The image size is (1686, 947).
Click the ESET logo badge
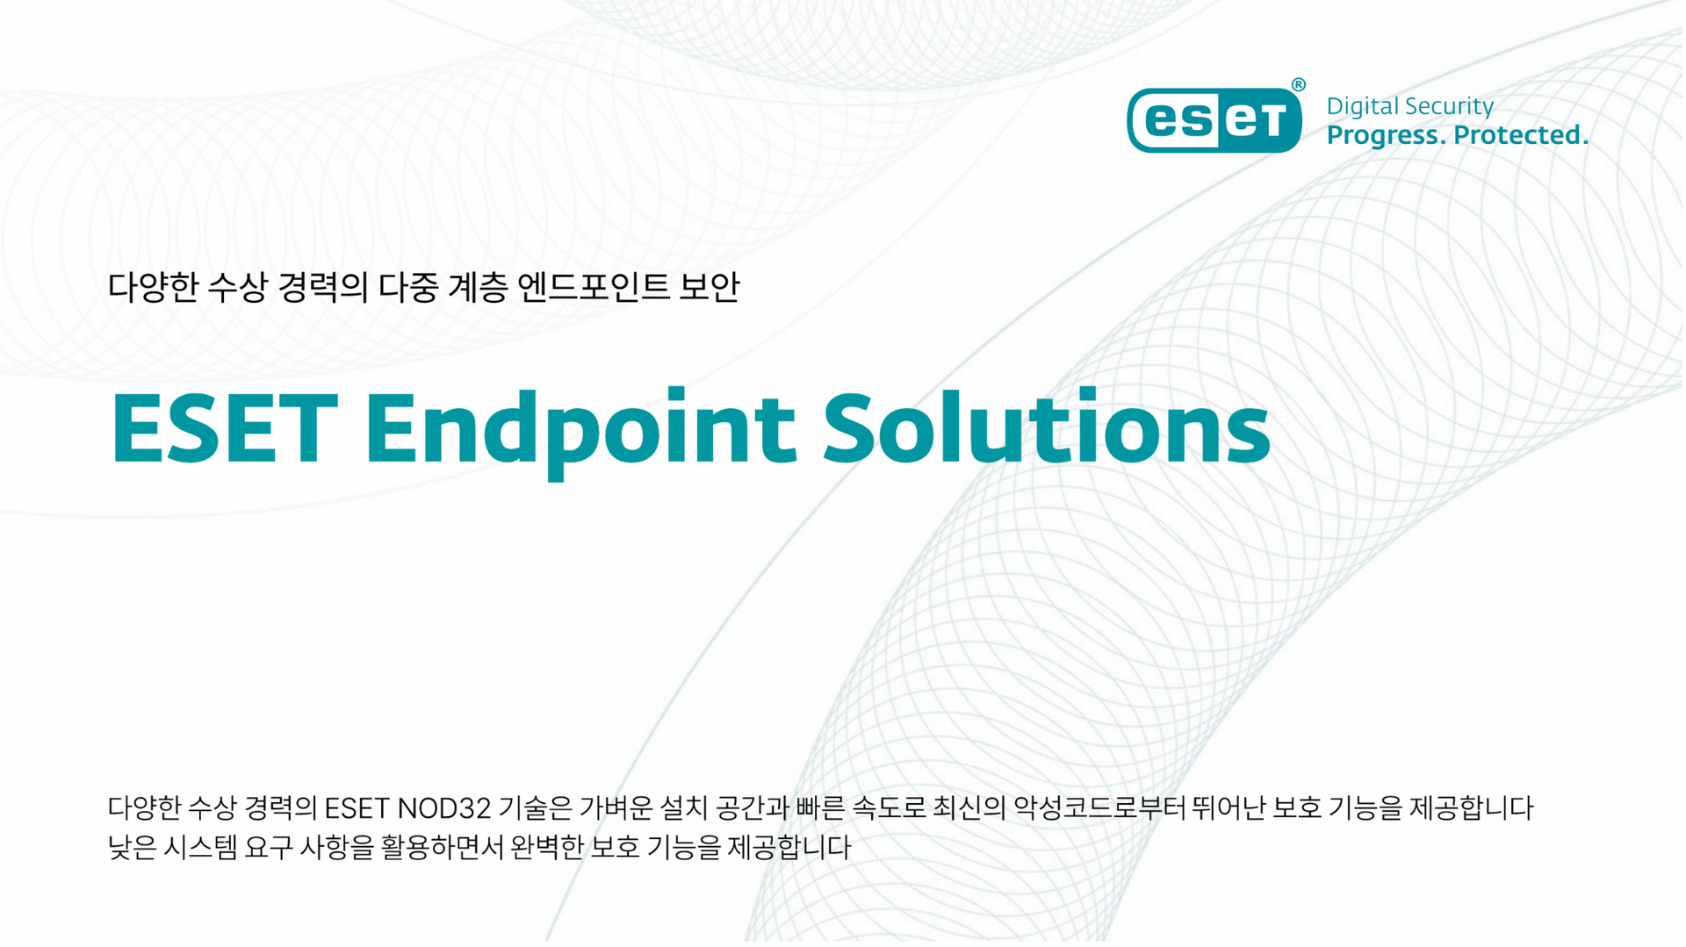coord(1214,119)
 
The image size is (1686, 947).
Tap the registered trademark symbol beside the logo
coord(1299,84)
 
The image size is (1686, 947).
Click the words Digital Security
coord(1409,106)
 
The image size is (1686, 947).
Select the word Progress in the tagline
coord(1387,136)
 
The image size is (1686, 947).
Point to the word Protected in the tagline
coord(1521,134)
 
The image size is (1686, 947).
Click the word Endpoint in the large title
coord(581,430)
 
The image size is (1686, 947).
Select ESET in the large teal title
coord(225,427)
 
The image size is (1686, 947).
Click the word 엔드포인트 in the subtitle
coord(593,287)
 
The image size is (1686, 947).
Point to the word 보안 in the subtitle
coord(710,287)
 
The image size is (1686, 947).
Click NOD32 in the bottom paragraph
coord(443,807)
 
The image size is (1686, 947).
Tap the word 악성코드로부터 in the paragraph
coord(1099,807)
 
